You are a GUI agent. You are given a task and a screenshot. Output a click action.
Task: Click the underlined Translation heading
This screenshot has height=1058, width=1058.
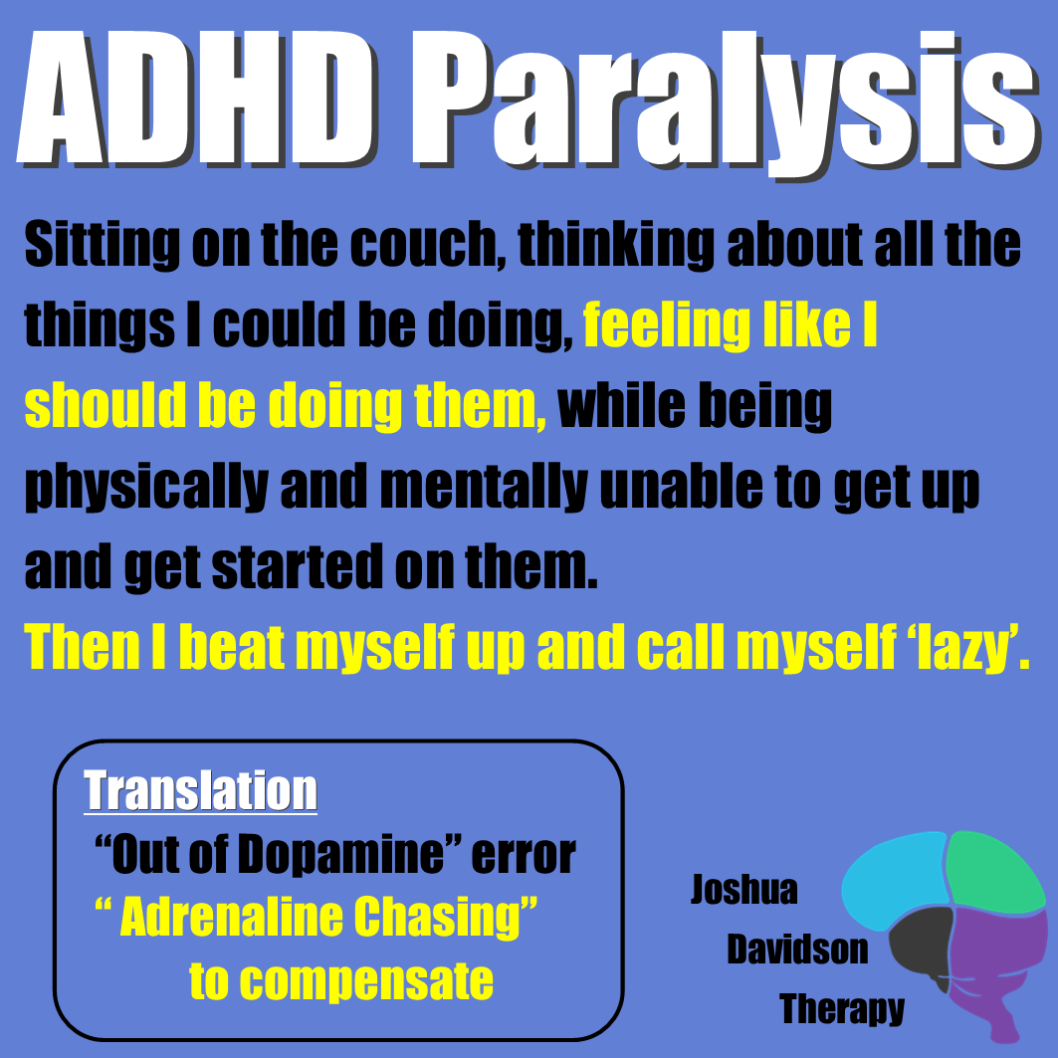point(201,791)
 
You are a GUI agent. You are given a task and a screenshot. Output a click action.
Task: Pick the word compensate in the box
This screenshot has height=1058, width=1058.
point(341,980)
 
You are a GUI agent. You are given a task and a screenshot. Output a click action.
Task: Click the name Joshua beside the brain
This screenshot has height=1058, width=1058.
point(744,889)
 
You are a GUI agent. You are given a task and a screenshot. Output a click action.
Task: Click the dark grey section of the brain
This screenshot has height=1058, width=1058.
point(920,941)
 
